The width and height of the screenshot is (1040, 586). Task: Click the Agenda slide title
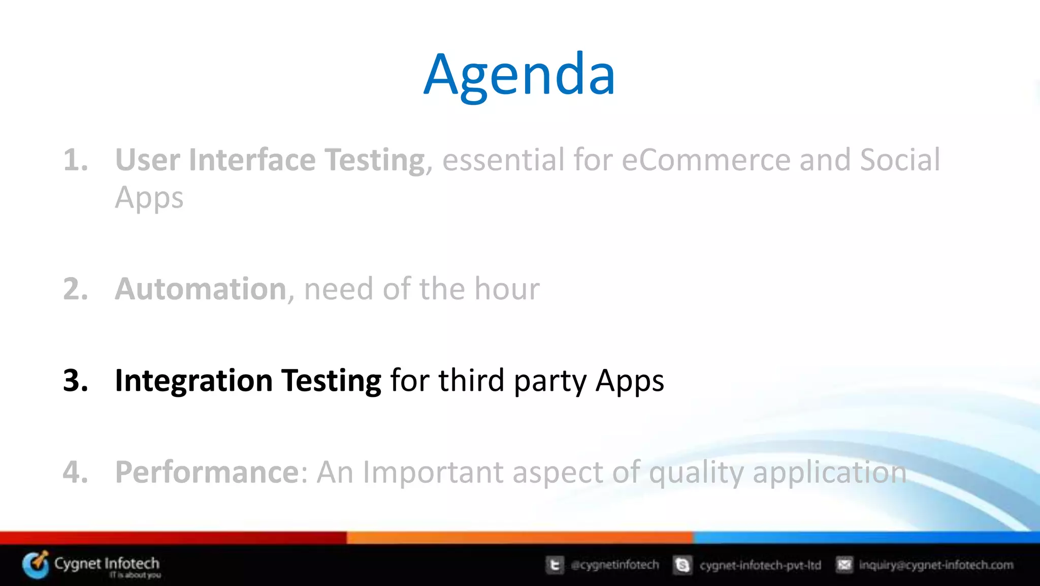[519, 75]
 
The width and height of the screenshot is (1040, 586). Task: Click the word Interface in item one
[252, 160]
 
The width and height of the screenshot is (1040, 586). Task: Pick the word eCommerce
[706, 160]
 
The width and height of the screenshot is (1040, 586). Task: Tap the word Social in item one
[900, 160]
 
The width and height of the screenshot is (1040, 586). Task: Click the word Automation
[201, 289]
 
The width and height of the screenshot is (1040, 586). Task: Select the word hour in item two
[506, 289]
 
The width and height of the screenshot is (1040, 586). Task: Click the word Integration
[193, 381]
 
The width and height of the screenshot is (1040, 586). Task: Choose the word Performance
[207, 472]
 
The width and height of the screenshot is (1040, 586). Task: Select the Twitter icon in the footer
[555, 565]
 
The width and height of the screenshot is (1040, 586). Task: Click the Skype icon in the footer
[682, 565]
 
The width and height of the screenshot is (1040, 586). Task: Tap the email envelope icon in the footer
[844, 565]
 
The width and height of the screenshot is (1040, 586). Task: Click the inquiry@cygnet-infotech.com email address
[936, 565]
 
